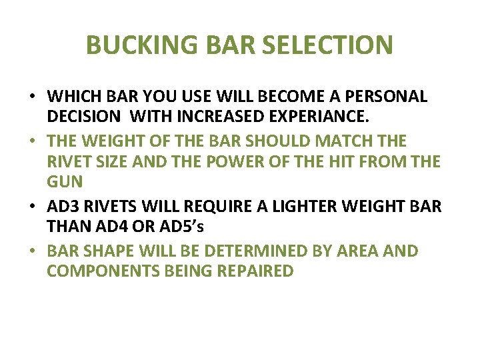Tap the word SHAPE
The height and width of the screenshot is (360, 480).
(106, 251)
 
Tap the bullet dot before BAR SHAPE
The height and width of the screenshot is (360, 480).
(32, 251)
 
